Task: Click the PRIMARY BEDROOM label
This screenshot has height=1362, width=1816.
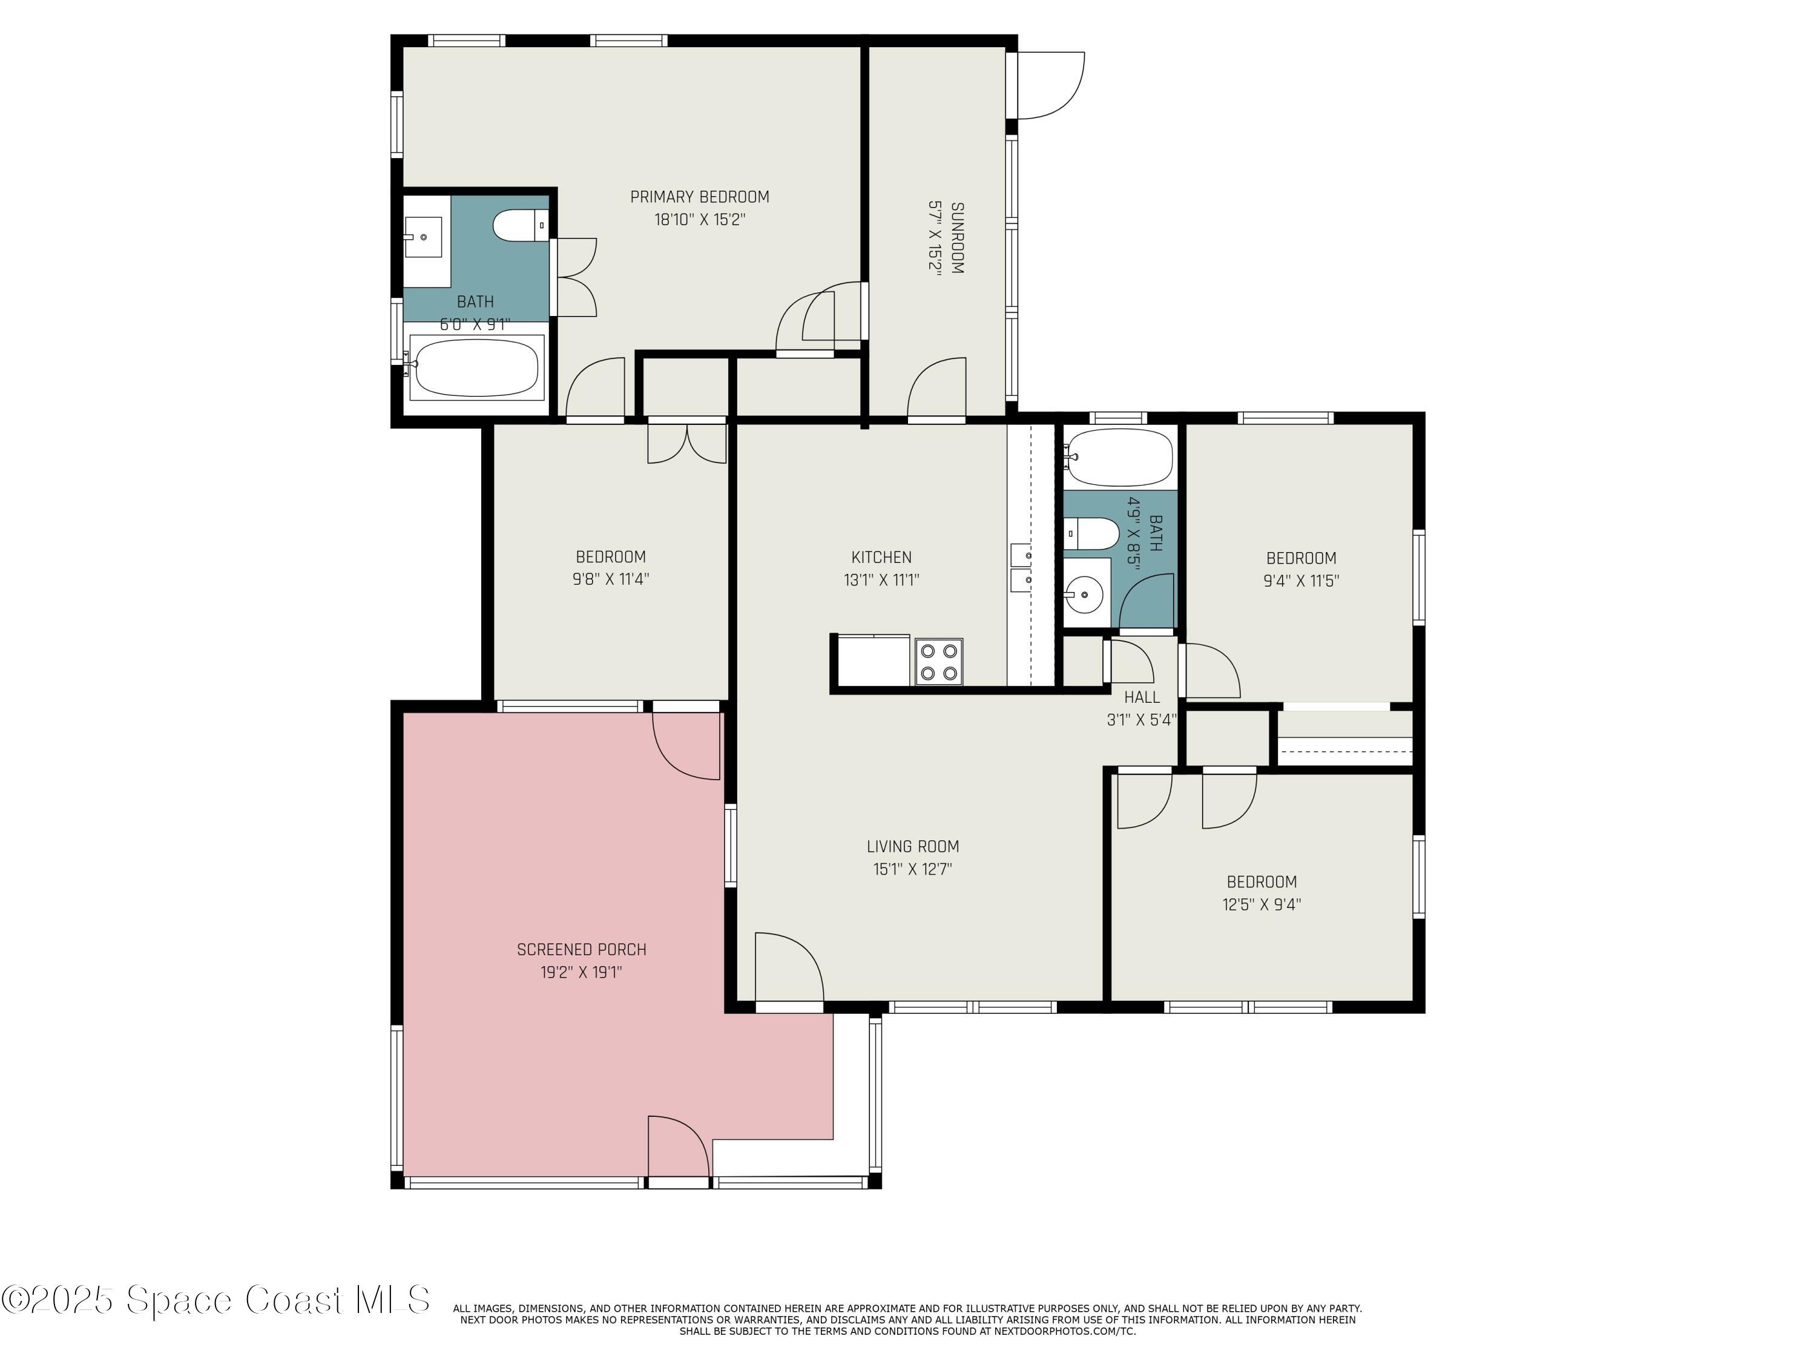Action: (x=700, y=197)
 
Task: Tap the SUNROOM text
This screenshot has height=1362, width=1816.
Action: (x=956, y=238)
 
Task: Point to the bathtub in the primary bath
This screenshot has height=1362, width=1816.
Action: (x=476, y=368)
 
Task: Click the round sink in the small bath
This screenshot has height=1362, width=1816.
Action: (x=1085, y=594)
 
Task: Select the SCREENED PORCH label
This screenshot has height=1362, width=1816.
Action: (x=581, y=950)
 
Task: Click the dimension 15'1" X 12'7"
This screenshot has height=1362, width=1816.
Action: (x=912, y=869)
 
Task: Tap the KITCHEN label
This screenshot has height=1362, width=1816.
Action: (x=881, y=558)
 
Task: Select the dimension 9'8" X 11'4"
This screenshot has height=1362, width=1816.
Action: (x=611, y=579)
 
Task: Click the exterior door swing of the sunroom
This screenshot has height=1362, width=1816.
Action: (x=1051, y=86)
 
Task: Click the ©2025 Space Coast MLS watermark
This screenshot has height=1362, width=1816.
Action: (x=215, y=1300)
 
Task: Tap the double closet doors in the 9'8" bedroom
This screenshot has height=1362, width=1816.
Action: (x=687, y=443)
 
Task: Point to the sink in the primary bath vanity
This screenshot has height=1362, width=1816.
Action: (x=424, y=237)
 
